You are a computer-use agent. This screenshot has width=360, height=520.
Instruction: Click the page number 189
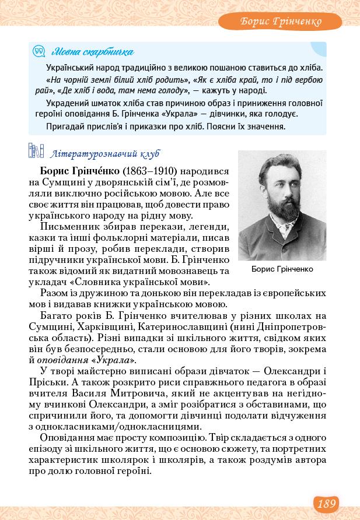[x=326, y=503]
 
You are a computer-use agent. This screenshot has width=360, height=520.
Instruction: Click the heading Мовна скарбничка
[x=92, y=52]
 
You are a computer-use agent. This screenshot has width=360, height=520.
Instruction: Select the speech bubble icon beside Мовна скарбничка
[x=39, y=52]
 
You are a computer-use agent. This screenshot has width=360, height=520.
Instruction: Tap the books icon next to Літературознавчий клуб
[x=36, y=153]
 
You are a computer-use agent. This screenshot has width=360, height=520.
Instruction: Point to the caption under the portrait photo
[x=282, y=269]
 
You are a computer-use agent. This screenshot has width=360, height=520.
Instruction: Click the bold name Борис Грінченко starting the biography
[x=80, y=173]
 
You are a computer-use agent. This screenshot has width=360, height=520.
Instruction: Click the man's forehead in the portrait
[x=279, y=172]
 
